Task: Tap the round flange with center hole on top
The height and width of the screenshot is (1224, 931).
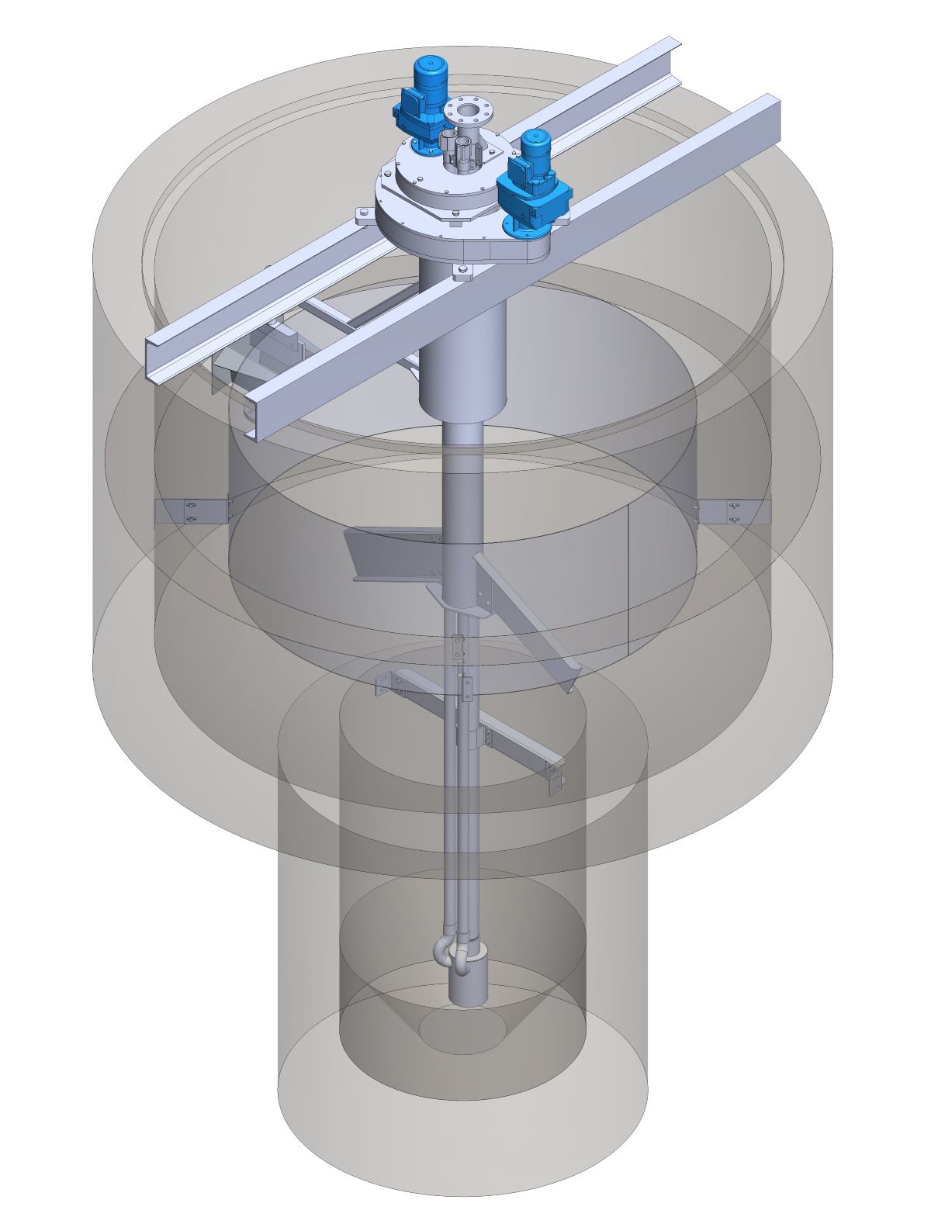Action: point(468,110)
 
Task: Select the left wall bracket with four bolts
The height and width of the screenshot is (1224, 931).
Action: point(191,511)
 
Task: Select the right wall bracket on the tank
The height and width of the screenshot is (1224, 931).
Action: point(732,511)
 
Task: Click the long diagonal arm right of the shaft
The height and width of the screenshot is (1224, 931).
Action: point(528,621)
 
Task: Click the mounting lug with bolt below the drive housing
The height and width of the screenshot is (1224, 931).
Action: point(462,271)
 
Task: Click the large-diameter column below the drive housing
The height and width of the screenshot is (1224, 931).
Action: point(462,341)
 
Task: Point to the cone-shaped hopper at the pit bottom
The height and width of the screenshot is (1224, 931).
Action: point(462,1024)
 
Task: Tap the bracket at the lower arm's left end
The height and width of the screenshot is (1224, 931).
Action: point(384,683)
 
